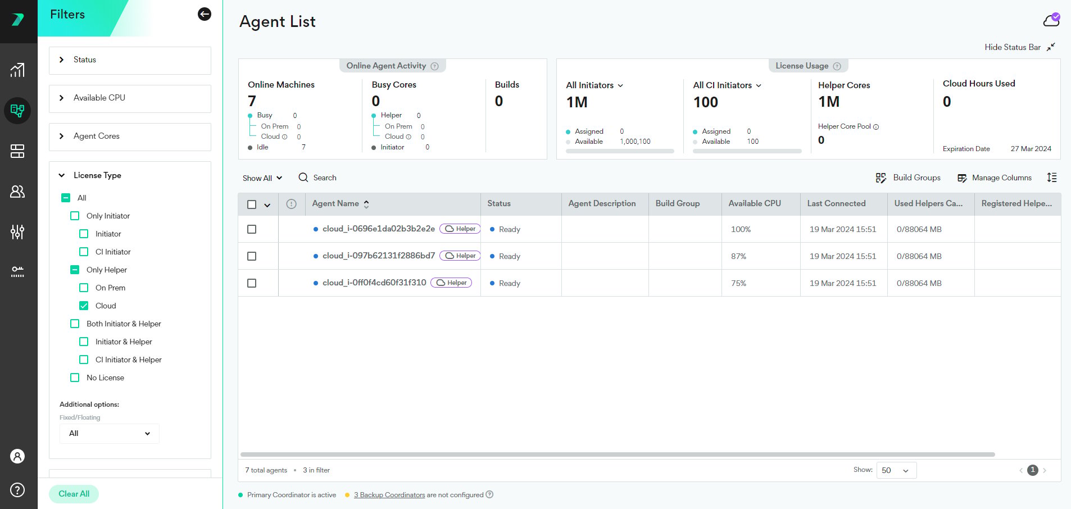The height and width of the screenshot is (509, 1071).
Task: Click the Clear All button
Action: point(74,494)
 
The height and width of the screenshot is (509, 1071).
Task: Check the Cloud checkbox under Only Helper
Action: point(84,306)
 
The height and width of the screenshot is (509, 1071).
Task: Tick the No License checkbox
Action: point(75,378)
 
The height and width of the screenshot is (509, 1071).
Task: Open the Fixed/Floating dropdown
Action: point(110,433)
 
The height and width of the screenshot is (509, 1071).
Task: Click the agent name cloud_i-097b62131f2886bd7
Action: point(379,256)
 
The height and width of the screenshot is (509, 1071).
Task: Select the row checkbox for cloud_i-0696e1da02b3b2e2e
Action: point(252,229)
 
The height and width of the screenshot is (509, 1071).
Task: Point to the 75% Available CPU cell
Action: point(738,283)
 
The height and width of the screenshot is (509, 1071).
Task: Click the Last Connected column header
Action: point(836,203)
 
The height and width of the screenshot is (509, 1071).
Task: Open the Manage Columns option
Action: point(995,178)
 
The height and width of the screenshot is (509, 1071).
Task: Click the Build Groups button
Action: point(908,178)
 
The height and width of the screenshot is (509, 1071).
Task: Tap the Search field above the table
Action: point(318,178)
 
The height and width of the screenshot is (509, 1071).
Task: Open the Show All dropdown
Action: point(262,178)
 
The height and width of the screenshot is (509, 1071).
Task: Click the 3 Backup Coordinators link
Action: point(389,495)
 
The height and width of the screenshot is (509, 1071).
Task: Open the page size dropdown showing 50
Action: point(896,470)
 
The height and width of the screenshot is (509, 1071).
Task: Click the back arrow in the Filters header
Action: point(205,14)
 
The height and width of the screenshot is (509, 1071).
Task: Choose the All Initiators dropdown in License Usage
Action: point(595,85)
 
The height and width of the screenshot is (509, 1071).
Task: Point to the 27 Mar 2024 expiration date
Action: point(1031,149)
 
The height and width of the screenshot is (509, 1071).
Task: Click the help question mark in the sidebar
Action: point(17,490)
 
